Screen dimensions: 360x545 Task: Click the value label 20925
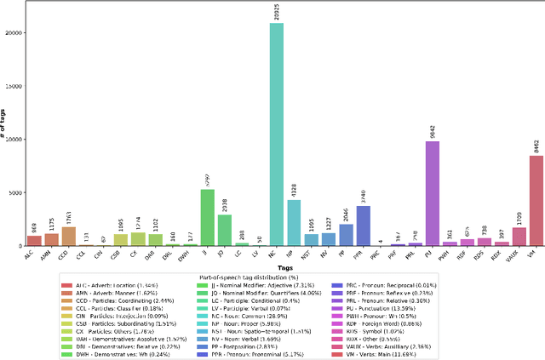pyautogui.click(x=277, y=12)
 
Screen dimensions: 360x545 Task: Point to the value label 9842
pyautogui.click(x=409, y=130)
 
